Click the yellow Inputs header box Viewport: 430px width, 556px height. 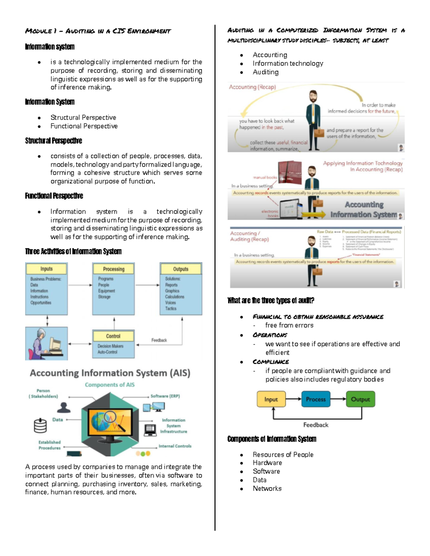[46, 269]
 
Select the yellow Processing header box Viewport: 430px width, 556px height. [114, 269]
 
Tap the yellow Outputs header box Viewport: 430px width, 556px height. [181, 269]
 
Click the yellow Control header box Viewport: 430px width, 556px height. [113, 336]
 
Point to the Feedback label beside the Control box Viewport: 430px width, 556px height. [159, 340]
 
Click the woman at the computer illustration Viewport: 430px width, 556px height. [46, 343]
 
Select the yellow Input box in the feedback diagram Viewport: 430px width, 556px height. [271, 399]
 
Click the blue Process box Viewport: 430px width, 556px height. [316, 399]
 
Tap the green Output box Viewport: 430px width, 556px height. [360, 399]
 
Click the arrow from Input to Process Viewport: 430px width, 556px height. [293, 399]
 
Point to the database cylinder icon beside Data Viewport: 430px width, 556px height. [40, 425]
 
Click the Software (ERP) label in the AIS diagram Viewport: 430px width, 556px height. [165, 396]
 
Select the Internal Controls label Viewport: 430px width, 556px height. [175, 446]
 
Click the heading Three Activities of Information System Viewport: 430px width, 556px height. [73, 251]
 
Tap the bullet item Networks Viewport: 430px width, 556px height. [267, 488]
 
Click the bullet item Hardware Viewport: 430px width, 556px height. [267, 463]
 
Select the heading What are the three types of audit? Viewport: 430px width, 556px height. [271, 300]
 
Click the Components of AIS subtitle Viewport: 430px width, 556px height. [110, 385]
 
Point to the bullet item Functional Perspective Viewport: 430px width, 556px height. [84, 126]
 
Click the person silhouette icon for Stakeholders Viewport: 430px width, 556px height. [64, 407]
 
